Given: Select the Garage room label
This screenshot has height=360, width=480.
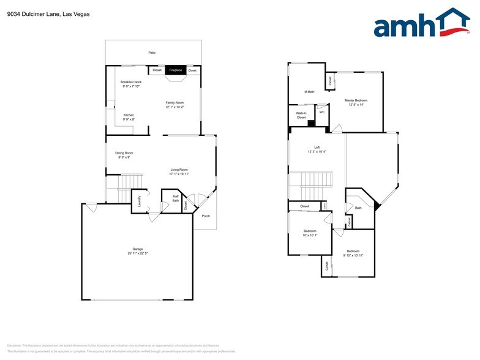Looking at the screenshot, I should pyautogui.click(x=138, y=249).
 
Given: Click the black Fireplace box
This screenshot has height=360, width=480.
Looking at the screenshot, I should pyautogui.click(x=175, y=70).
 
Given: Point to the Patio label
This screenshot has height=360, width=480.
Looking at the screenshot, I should pyautogui.click(x=152, y=53).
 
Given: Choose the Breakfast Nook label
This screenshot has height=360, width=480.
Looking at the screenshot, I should pyautogui.click(x=131, y=81).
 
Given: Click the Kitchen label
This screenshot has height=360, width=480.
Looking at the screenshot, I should pyautogui.click(x=129, y=115).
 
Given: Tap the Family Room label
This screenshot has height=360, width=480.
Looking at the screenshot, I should pyautogui.click(x=174, y=102).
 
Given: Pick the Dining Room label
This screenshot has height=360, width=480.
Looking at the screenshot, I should pyautogui.click(x=124, y=152).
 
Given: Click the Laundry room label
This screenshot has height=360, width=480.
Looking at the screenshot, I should pyautogui.click(x=140, y=200).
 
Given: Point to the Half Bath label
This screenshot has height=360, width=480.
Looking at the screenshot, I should pyautogui.click(x=176, y=198).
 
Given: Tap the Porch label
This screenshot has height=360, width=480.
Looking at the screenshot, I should pyautogui.click(x=206, y=216).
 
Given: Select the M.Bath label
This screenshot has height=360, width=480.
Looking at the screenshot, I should pyautogui.click(x=309, y=92).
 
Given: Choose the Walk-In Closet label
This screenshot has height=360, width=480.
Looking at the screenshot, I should pyautogui.click(x=301, y=115).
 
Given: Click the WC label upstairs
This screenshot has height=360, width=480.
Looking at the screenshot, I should pyautogui.click(x=322, y=112).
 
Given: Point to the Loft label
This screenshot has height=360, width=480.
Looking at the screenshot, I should pyautogui.click(x=317, y=147).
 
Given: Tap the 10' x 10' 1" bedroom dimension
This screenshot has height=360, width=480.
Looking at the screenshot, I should pyautogui.click(x=310, y=235).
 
